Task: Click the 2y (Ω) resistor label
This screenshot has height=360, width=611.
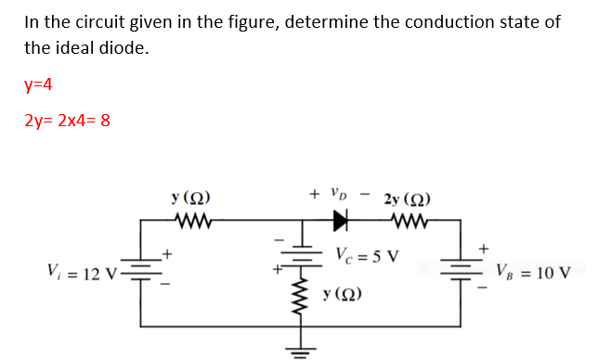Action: (406, 199)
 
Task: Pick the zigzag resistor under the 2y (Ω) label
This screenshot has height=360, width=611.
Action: (406, 221)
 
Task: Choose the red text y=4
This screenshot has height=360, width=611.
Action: (38, 85)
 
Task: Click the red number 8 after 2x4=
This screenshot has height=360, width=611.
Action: (105, 120)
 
